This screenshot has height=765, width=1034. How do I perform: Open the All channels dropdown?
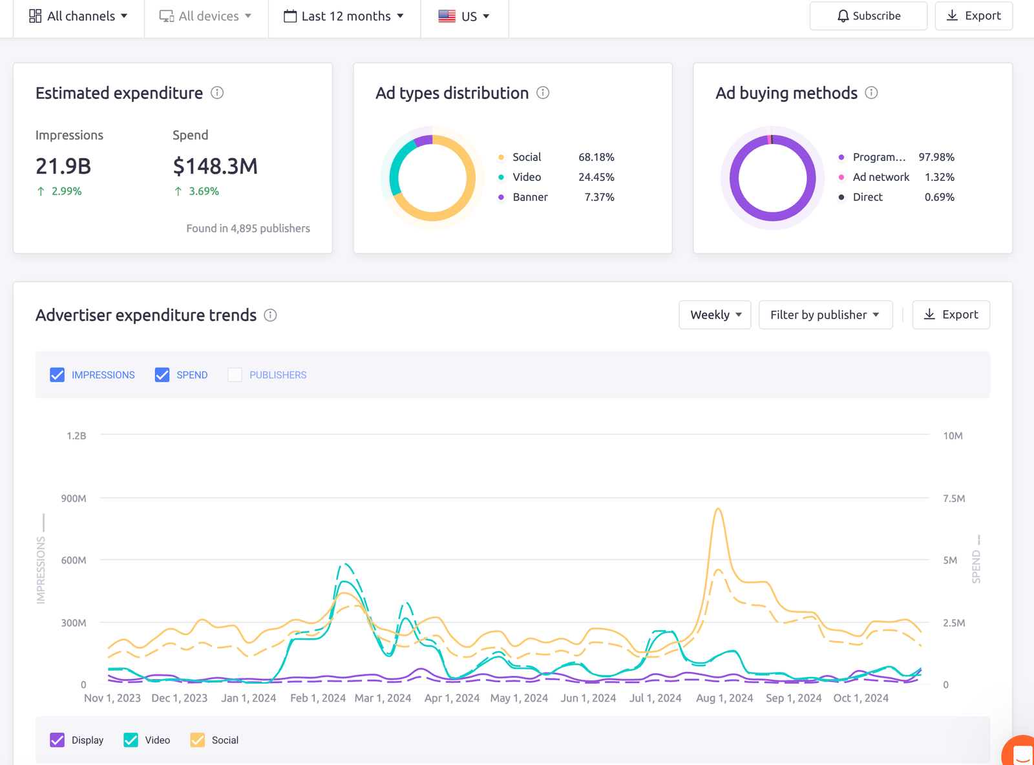[78, 16]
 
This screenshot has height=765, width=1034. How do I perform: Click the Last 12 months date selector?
[344, 16]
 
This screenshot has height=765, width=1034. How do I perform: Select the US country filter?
[464, 16]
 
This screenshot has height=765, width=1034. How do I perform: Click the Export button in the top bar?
[973, 16]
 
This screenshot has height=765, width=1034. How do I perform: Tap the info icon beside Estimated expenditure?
[217, 93]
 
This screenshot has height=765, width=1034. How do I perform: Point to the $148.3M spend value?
[215, 166]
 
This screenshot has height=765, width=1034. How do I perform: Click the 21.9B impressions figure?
[63, 166]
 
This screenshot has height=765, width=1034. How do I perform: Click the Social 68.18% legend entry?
[556, 157]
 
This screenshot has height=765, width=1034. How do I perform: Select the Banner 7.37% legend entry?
[556, 197]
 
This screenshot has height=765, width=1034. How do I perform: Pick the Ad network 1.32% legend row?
[896, 177]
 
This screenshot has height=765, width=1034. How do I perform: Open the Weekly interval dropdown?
[715, 315]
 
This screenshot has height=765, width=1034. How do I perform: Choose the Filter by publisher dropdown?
[825, 315]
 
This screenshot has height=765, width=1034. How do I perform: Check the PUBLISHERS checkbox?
[235, 375]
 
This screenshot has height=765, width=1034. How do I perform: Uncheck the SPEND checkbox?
[162, 375]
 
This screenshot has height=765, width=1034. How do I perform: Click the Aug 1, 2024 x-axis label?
[724, 698]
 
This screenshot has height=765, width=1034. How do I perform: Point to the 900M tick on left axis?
[74, 498]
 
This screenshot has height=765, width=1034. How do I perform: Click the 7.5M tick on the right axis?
[953, 498]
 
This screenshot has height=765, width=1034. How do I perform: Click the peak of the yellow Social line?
[718, 509]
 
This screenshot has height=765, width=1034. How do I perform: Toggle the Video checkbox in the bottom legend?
[131, 740]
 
